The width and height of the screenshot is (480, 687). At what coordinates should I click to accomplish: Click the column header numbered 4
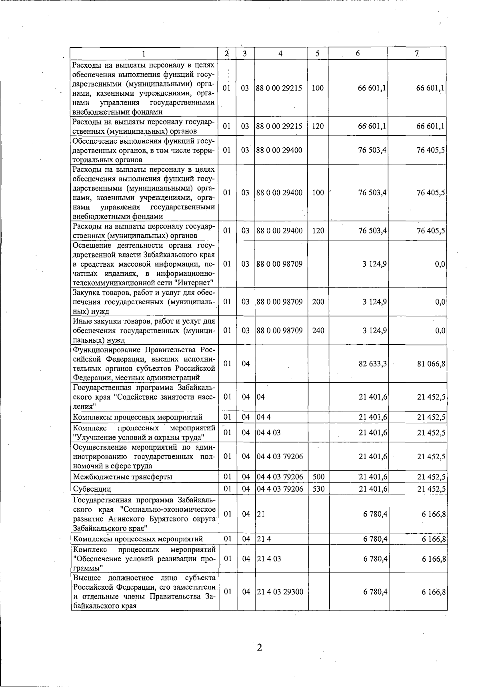pyautogui.click(x=281, y=54)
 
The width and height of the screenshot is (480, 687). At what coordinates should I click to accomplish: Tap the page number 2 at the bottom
pyautogui.click(x=259, y=647)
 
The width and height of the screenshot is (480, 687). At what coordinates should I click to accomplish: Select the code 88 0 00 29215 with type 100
pyautogui.click(x=279, y=88)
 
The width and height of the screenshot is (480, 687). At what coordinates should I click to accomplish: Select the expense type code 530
pyautogui.click(x=318, y=489)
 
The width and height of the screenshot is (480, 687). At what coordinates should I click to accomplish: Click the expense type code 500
pyautogui.click(x=318, y=477)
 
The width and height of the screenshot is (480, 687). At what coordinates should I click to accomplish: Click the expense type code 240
pyautogui.click(x=318, y=331)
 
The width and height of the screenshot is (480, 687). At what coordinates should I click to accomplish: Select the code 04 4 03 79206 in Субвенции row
pyautogui.click(x=280, y=489)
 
